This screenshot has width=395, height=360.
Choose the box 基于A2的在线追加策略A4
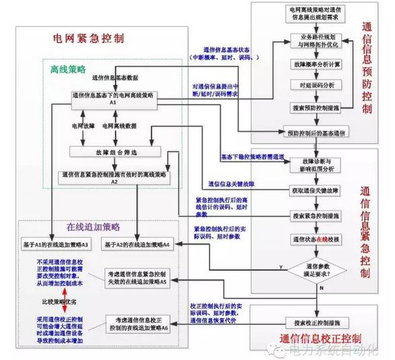pos(138,243)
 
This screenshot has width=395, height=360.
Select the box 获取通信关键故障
pos(314,191)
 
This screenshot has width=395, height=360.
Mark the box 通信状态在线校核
pos(314,240)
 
